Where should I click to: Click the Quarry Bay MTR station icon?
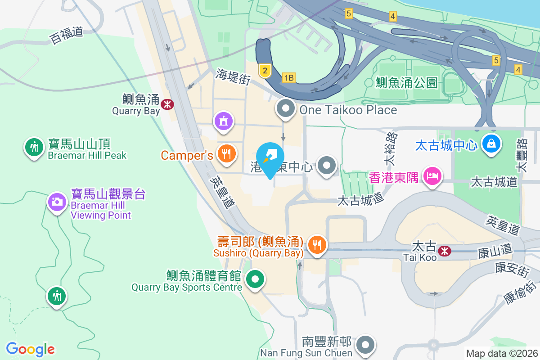coord(167,104)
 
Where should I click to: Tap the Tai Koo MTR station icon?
coord(445,251)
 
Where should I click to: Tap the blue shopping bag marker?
coord(490,144)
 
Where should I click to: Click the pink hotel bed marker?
coord(432,175)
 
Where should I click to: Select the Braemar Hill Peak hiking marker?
coord(34,147)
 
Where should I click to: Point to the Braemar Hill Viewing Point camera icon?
coord(57,201)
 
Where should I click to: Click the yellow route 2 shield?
coord(265,70)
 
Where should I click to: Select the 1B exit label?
coord(288,78)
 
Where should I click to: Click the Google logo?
coord(30,349)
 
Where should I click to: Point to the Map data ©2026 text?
coord(502,353)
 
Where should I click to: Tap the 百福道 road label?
coord(67,35)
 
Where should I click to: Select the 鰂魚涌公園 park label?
coord(407,82)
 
